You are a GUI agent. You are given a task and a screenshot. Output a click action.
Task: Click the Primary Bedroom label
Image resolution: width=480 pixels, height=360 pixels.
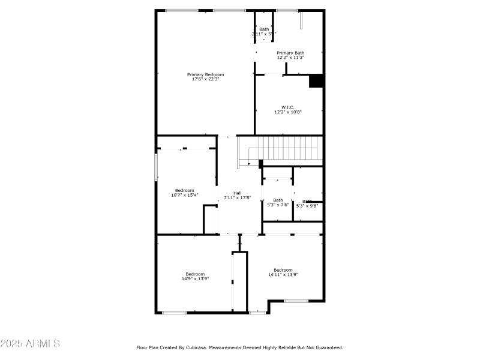[x=205, y=74]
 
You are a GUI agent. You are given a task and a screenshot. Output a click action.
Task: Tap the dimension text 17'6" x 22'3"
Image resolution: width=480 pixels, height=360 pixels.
[x=205, y=79]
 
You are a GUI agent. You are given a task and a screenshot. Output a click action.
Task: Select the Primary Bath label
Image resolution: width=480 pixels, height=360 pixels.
[x=290, y=53]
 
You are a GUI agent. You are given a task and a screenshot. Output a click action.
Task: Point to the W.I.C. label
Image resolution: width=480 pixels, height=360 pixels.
[x=288, y=107]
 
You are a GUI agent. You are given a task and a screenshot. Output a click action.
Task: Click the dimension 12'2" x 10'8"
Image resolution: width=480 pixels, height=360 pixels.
[x=288, y=112]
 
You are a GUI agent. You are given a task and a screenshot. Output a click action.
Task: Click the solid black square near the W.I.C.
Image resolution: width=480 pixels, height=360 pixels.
[x=316, y=81]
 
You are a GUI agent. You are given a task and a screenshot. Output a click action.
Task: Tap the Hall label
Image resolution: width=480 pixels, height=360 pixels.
[x=237, y=193]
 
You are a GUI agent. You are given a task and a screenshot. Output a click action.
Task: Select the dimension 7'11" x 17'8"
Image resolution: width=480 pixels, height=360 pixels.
[x=237, y=197]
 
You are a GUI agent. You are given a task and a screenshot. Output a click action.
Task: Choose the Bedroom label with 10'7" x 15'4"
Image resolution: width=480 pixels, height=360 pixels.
[x=185, y=190]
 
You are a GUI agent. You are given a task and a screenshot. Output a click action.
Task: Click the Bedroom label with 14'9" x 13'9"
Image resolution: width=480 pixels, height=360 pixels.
[x=194, y=274]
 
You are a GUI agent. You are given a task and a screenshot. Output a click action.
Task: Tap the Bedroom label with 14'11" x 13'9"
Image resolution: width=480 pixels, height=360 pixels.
[x=283, y=270]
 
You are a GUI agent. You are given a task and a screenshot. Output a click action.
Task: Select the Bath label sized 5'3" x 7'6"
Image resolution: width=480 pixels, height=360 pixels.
[x=278, y=200]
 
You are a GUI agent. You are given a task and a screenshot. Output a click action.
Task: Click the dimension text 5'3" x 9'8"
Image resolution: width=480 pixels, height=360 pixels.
[x=308, y=205]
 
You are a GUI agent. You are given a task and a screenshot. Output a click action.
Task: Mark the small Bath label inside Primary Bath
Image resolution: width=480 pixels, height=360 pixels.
[x=264, y=29]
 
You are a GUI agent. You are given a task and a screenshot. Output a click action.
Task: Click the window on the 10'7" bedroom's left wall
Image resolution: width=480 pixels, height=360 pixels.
[x=157, y=167]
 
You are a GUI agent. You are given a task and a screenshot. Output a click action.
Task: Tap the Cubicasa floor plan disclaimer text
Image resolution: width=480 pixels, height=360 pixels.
[x=239, y=347]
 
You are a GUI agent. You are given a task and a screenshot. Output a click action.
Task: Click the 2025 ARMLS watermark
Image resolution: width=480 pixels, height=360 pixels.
[x=30, y=344]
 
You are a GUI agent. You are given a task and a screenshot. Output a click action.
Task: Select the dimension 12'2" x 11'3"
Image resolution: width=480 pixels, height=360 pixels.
[x=290, y=58]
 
